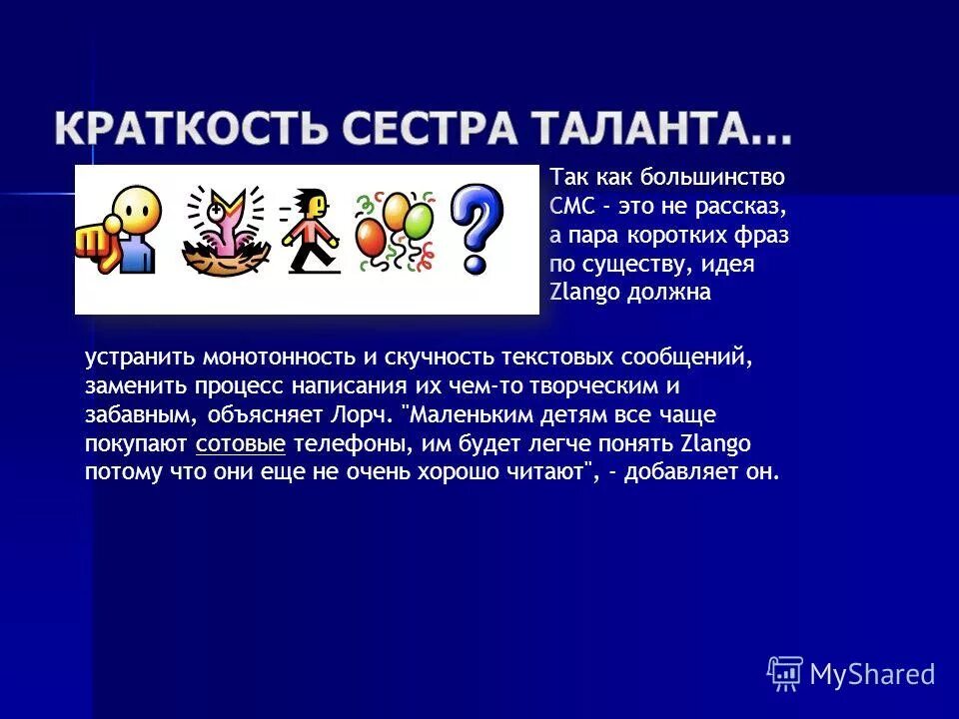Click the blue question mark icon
coord(476,229)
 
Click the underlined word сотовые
coord(241,443)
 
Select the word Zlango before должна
coord(586,293)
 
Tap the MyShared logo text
coord(871,674)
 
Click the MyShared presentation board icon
coord(785,673)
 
